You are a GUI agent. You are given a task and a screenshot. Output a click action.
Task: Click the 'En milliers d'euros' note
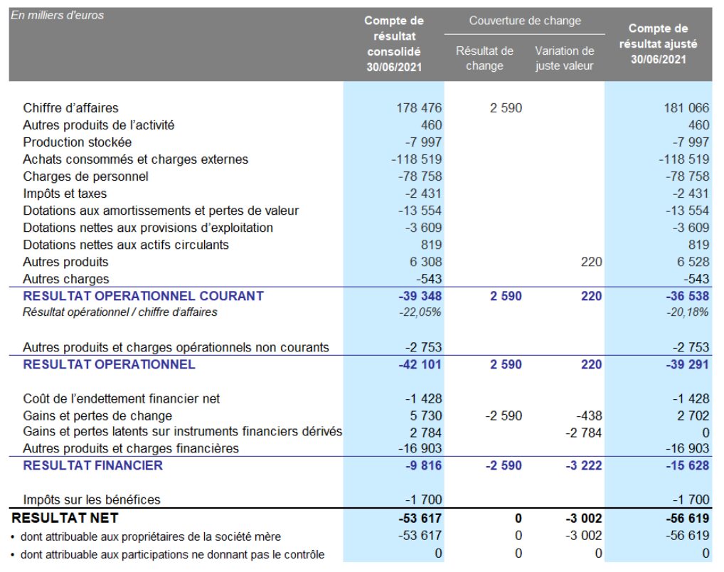tap(58, 15)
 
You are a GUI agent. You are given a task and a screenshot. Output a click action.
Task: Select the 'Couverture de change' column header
tap(525, 21)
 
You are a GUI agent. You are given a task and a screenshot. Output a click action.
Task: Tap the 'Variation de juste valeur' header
tap(565, 58)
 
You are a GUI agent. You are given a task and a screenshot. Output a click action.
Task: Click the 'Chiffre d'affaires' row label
tap(70, 108)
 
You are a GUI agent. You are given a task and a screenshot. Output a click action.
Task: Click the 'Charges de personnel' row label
tap(85, 176)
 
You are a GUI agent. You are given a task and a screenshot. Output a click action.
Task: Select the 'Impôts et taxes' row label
tap(65, 194)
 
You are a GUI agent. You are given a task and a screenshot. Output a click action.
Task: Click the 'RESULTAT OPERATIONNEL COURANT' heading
tap(143, 296)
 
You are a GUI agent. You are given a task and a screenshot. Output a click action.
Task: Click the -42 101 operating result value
tap(420, 364)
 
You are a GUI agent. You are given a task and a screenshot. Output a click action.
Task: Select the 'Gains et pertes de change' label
tap(97, 415)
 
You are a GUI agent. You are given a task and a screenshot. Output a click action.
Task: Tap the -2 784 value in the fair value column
tap(584, 432)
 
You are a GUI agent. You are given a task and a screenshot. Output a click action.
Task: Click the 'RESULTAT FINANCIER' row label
tap(92, 465)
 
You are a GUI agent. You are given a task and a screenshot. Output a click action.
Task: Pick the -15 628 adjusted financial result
tap(686, 465)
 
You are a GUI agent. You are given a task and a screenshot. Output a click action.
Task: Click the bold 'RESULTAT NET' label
tap(65, 517)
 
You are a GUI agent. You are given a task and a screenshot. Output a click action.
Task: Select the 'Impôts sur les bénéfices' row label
tap(91, 499)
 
